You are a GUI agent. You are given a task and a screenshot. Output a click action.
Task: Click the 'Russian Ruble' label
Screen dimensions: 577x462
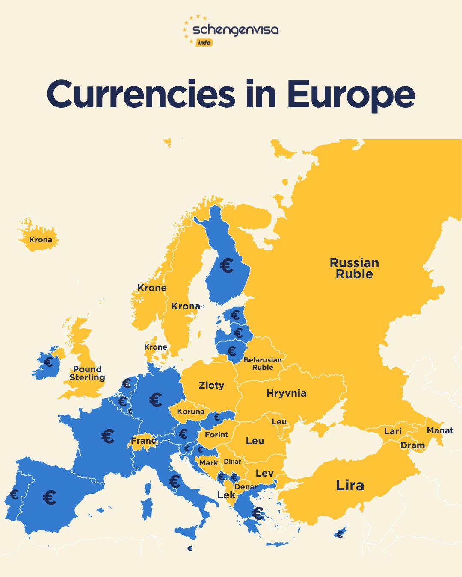pyautogui.click(x=354, y=268)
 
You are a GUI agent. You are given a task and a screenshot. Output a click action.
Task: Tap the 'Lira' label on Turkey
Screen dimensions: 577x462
pyautogui.click(x=350, y=486)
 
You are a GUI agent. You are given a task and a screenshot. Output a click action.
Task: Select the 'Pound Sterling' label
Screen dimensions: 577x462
pyautogui.click(x=87, y=373)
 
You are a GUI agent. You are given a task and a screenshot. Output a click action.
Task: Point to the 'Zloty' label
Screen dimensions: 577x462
pyautogui.click(x=211, y=385)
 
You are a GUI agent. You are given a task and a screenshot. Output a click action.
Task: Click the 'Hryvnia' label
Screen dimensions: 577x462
pyautogui.click(x=286, y=393)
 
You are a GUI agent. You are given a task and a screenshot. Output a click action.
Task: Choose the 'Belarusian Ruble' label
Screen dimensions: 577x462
pyautogui.click(x=263, y=363)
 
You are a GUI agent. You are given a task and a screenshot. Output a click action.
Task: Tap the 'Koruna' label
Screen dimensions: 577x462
pyautogui.click(x=190, y=412)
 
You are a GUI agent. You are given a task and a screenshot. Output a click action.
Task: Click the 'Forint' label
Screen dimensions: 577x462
pyautogui.click(x=216, y=435)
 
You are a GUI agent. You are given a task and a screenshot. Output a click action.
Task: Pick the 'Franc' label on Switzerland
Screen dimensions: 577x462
pyautogui.click(x=143, y=441)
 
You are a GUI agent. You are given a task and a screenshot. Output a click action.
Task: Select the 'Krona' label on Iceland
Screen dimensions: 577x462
pyautogui.click(x=41, y=240)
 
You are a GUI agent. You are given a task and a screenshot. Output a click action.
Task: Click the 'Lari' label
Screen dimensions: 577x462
pyautogui.click(x=392, y=431)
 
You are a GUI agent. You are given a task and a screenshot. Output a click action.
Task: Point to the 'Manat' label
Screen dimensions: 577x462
pyautogui.click(x=440, y=430)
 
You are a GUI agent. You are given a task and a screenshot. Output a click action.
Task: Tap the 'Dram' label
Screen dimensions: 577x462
pyautogui.click(x=412, y=445)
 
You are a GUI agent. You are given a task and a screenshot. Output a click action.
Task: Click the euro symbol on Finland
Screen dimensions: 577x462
pyautogui.click(x=227, y=266)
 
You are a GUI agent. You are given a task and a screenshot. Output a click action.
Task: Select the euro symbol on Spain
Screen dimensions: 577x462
pyautogui.click(x=50, y=498)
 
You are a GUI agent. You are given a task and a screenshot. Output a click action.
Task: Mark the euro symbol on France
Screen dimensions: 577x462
pyautogui.click(x=108, y=436)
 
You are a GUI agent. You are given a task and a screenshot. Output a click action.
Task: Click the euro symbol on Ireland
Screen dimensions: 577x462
pyautogui.click(x=49, y=362)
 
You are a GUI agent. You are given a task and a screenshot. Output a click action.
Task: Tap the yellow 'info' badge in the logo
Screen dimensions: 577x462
pyautogui.click(x=204, y=43)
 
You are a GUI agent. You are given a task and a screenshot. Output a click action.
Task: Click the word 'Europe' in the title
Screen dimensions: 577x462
pyautogui.click(x=351, y=95)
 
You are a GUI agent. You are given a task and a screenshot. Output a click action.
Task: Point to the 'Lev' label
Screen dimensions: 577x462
pyautogui.click(x=264, y=473)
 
